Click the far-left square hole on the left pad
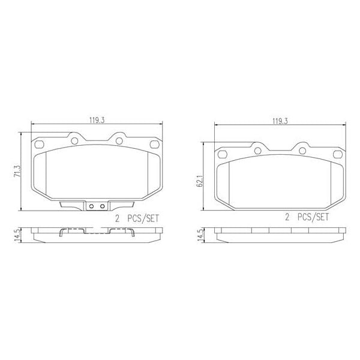click(40, 144)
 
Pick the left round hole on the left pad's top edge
click(75, 141)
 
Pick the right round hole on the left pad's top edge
click(119, 141)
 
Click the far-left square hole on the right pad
click(223, 152)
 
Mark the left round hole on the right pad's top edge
click(257, 150)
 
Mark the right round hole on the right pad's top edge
click(302, 150)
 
